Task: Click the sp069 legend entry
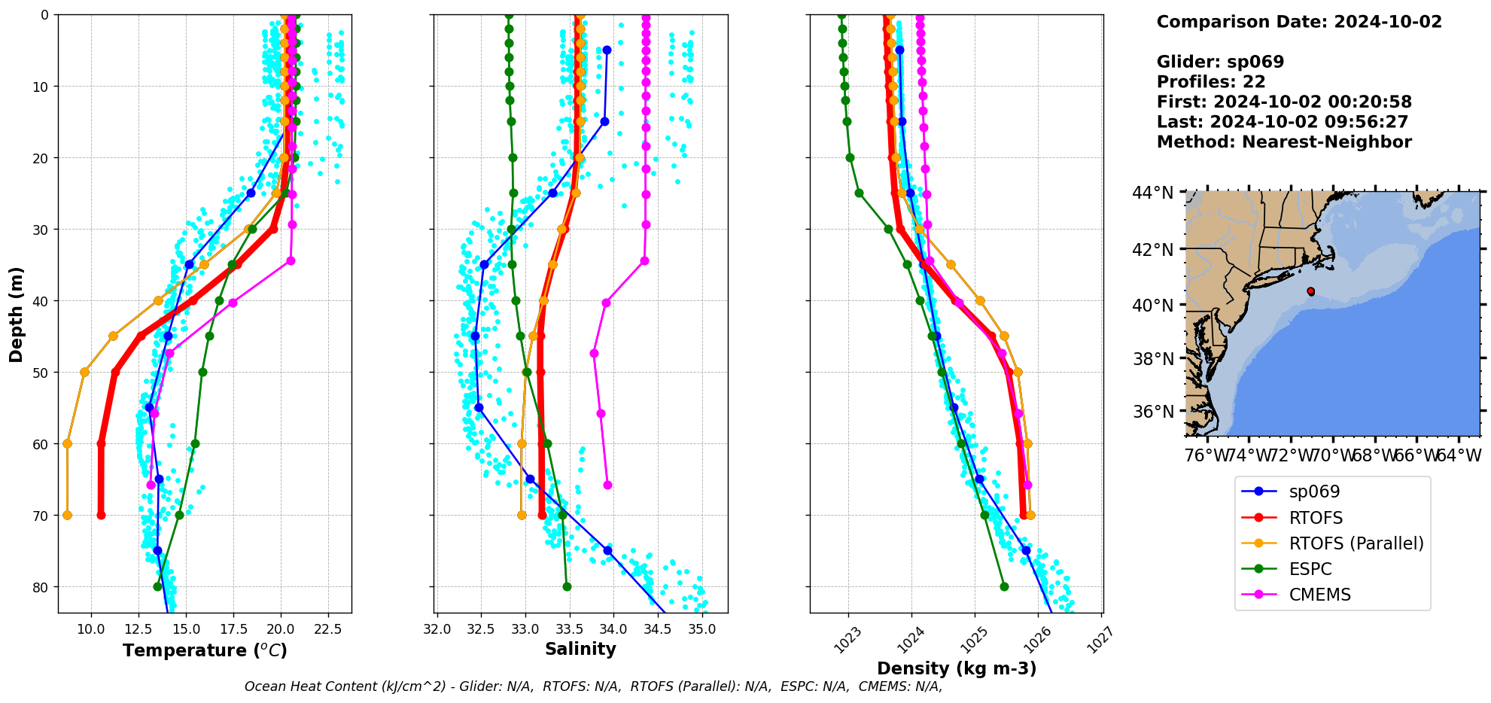coord(1314,492)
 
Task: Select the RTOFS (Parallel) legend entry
coord(1356,543)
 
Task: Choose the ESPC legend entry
coord(1310,569)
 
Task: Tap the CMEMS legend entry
coord(1319,595)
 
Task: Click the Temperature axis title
coord(205,650)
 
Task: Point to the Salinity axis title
coord(580,649)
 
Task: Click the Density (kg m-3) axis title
coord(957,668)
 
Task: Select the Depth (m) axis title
coord(17,314)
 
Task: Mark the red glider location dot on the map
coord(1310,291)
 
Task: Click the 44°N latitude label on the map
coord(1152,193)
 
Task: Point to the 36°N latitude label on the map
coord(1152,412)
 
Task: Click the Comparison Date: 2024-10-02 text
coord(1299,22)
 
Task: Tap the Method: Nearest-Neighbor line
coord(1284,142)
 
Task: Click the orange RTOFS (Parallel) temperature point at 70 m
coord(67,516)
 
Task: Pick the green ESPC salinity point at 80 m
coord(567,587)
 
